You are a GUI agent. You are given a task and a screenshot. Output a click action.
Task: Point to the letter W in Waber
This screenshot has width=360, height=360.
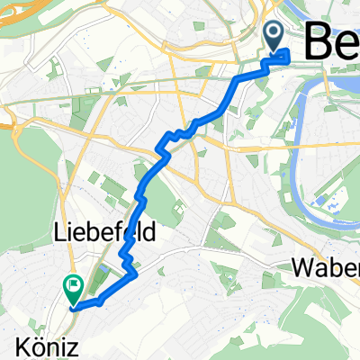302,268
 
